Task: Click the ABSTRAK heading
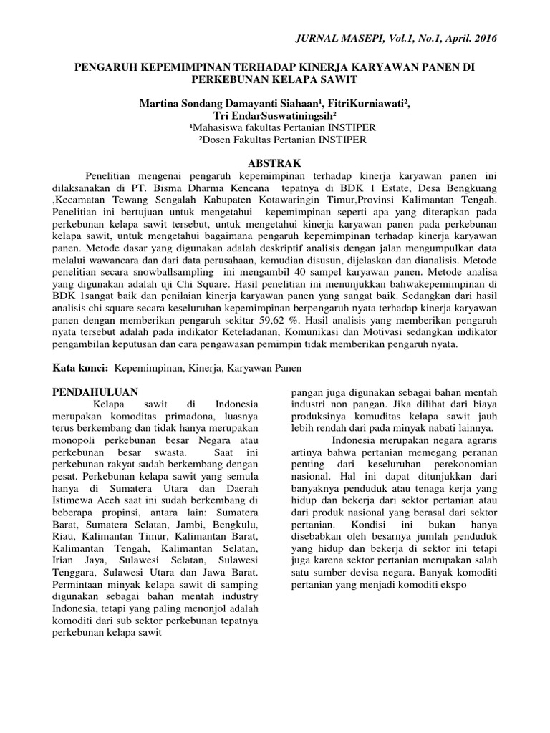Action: [x=274, y=163]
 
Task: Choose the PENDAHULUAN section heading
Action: [x=97, y=391]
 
